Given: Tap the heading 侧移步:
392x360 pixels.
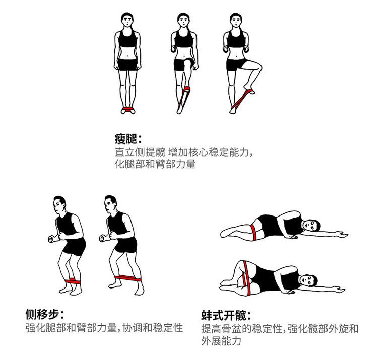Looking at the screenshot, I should (x=45, y=315).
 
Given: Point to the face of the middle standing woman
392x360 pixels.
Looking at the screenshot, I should (x=184, y=21).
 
